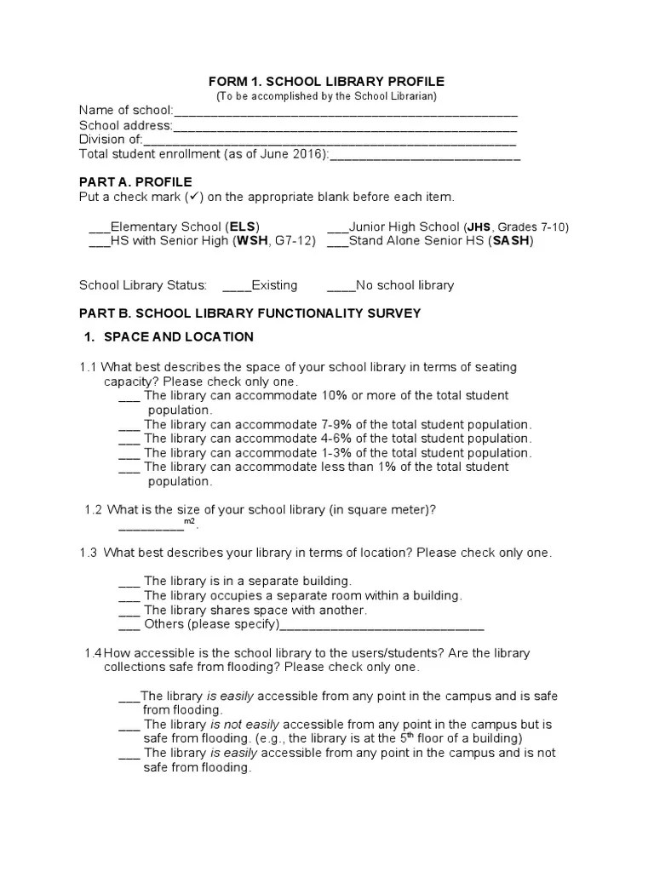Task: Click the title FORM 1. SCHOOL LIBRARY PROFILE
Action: point(327,81)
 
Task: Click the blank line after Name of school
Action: point(345,112)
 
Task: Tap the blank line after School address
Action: point(345,127)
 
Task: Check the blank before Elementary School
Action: point(99,228)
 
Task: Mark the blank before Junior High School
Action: point(337,228)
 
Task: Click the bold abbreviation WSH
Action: point(251,242)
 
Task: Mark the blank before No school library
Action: point(340,286)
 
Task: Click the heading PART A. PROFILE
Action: point(135,182)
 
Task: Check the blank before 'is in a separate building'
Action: point(129,582)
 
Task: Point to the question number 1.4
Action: point(93,653)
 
